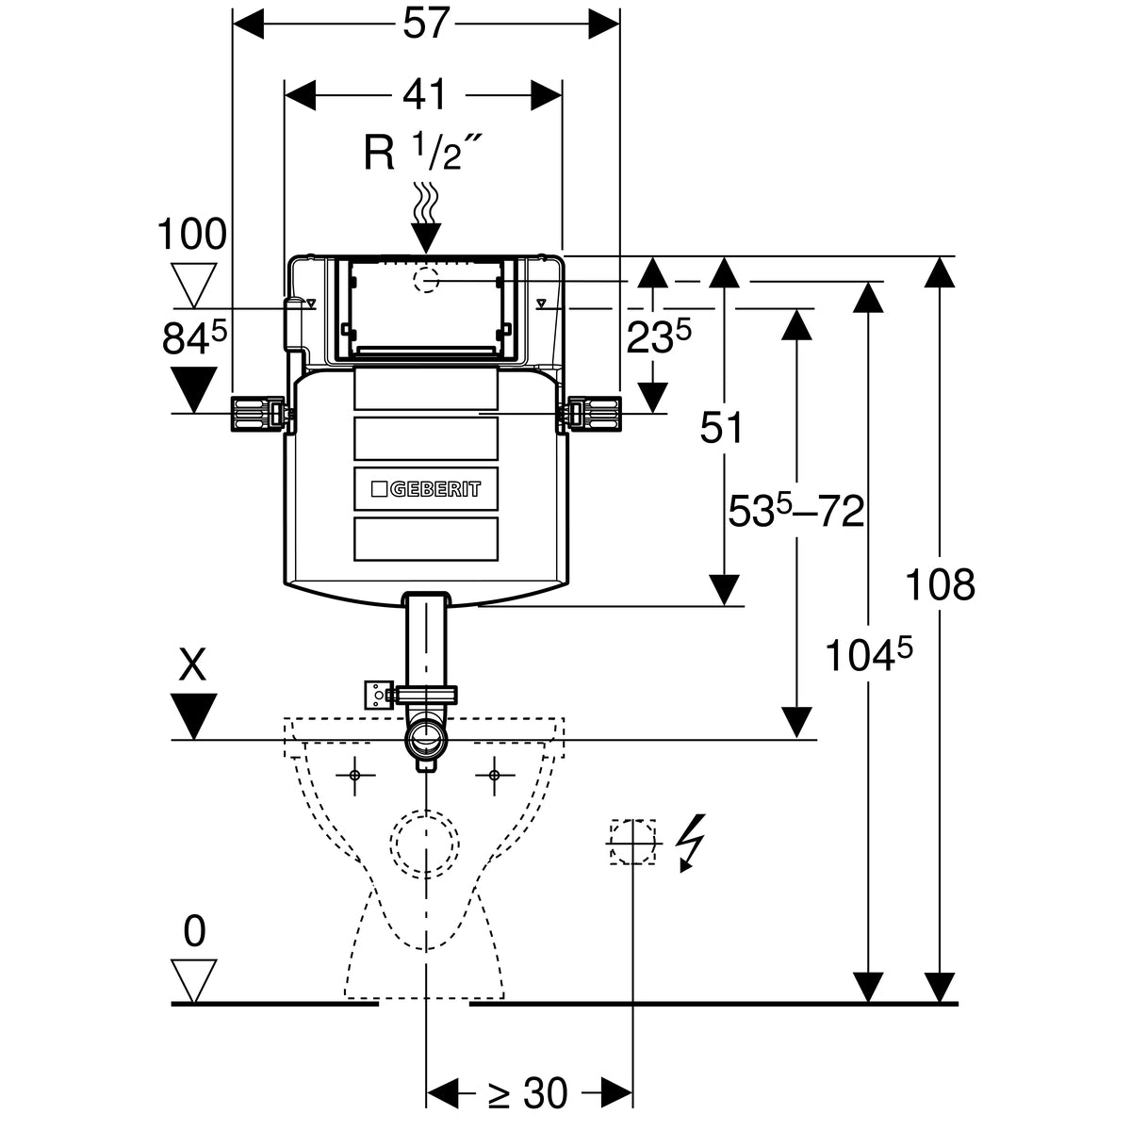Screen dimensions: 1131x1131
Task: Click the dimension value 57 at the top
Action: point(427,24)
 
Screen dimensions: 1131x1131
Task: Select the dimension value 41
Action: point(425,94)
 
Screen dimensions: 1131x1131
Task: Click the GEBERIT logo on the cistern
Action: point(426,489)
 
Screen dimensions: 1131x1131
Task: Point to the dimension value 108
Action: point(941,584)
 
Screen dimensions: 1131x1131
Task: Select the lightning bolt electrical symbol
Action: point(691,843)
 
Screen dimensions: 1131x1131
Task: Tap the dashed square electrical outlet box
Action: point(632,842)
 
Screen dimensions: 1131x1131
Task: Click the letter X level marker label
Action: point(193,665)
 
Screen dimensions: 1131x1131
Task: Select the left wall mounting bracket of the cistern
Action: point(261,415)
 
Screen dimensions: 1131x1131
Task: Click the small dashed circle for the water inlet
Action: point(426,281)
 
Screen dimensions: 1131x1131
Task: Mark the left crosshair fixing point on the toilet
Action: point(355,776)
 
